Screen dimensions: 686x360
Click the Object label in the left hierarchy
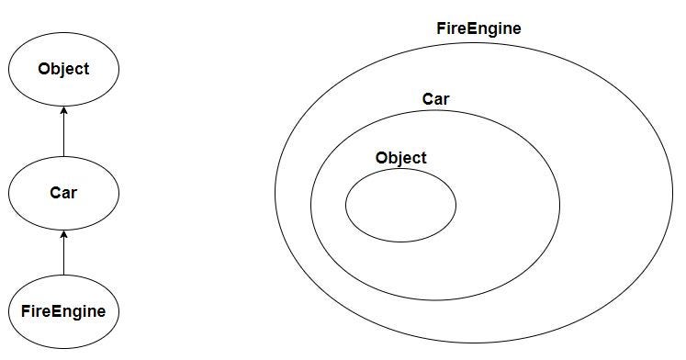click(x=63, y=69)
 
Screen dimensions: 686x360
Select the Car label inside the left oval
click(x=63, y=193)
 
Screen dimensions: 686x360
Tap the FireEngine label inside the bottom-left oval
click(x=63, y=312)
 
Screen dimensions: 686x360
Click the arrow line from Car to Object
click(x=64, y=131)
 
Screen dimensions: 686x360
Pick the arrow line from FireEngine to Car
click(x=64, y=253)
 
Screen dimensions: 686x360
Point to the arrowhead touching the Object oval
click(x=64, y=110)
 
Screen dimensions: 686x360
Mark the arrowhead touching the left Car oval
click(x=64, y=234)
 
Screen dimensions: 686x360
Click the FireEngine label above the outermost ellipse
click(x=479, y=28)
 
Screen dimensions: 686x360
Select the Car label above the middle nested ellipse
click(x=435, y=99)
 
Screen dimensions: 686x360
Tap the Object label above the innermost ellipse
click(x=400, y=158)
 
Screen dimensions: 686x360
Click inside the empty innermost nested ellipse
click(x=400, y=205)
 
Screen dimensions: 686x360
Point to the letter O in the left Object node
click(x=44, y=69)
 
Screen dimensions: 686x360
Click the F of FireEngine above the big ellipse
click(x=441, y=28)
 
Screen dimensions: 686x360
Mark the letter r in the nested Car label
click(x=445, y=101)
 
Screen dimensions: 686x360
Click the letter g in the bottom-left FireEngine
click(x=76, y=314)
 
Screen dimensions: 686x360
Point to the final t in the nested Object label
click(x=423, y=158)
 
